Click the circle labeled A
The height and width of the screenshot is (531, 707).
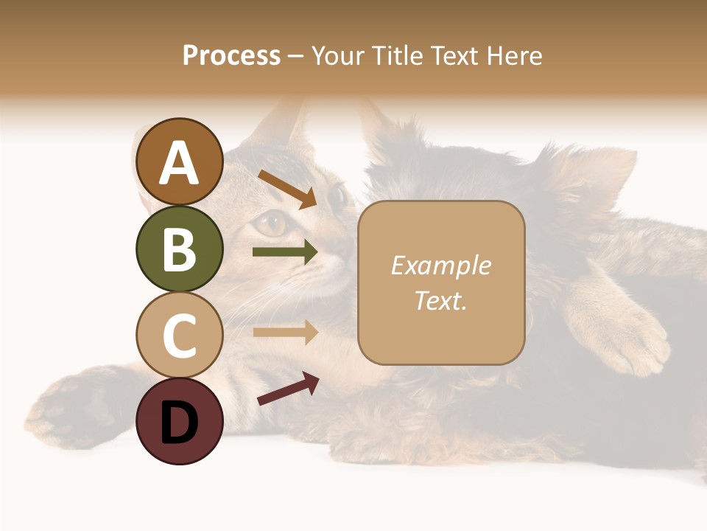click(180, 162)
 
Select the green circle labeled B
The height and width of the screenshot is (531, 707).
click(180, 249)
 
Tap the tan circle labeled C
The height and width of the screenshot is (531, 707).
click(180, 335)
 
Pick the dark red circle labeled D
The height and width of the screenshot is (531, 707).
click(180, 421)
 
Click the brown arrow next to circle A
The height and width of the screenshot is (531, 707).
click(287, 189)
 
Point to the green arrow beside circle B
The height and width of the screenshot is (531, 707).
click(285, 252)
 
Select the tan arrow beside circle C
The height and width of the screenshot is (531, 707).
click(285, 333)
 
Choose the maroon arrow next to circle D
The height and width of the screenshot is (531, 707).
click(288, 389)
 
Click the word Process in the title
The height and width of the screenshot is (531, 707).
click(231, 55)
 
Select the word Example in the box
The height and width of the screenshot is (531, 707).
click(440, 265)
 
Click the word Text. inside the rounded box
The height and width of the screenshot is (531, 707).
click(440, 300)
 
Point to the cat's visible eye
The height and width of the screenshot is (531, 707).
click(272, 222)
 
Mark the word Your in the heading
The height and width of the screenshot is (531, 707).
click(336, 55)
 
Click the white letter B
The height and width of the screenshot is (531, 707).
click(180, 249)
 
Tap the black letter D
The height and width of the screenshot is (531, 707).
click(180, 423)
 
